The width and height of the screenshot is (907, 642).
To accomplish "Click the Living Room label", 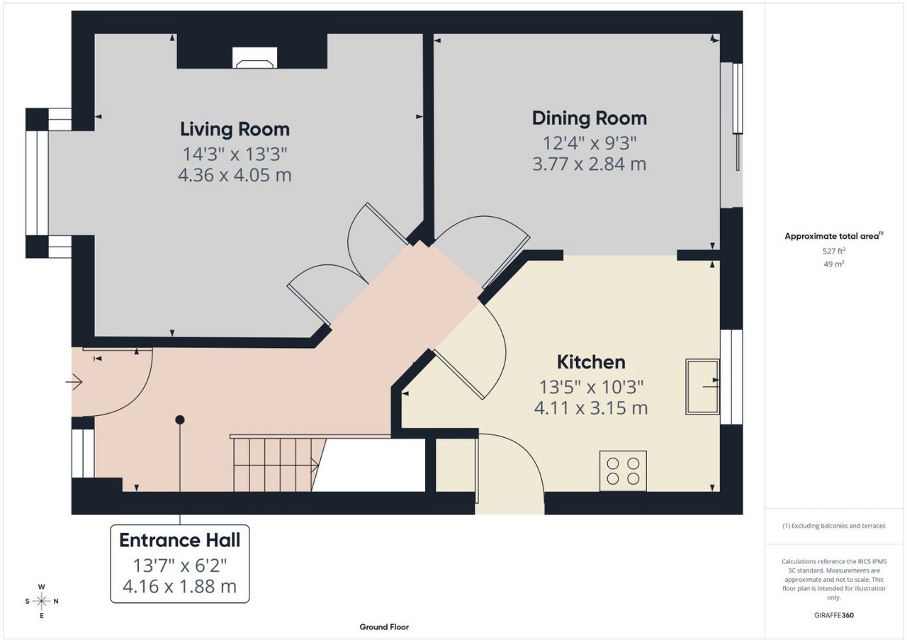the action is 235,130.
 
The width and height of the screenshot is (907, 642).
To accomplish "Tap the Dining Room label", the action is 589,118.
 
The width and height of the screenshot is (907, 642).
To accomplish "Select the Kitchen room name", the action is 591,362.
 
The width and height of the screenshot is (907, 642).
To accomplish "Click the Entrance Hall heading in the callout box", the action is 180,540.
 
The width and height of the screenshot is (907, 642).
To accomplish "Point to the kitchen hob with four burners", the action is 623,471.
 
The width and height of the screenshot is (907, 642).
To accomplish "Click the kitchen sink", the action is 702,387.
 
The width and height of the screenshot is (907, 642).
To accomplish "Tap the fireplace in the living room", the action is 254,57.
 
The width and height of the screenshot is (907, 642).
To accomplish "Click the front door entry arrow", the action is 74,381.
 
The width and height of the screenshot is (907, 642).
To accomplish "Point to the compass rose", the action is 42,601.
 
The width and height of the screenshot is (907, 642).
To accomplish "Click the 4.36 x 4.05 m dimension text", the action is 235,175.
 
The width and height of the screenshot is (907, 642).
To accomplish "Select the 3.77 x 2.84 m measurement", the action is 589,164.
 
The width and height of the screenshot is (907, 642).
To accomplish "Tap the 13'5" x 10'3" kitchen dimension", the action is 591,387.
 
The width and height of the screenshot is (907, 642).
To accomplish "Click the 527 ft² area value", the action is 834,251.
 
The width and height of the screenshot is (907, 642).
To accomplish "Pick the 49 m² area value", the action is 834,264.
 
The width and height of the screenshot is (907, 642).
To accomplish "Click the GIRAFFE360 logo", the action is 834,615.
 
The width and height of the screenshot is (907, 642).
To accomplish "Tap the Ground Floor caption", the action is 384,627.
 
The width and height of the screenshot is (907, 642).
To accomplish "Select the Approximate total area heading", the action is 834,236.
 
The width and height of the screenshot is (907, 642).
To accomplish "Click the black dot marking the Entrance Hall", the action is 180,419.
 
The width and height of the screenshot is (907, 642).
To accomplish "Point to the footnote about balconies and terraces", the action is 834,526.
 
